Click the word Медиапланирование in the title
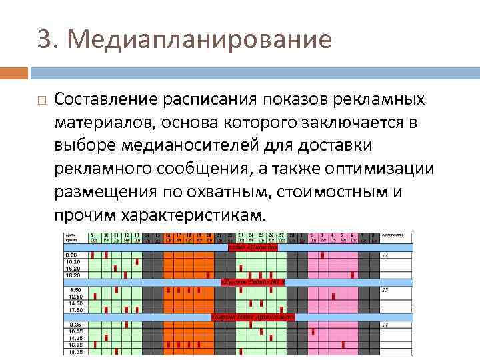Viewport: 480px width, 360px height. coord(199,40)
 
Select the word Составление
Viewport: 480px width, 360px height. coord(103,99)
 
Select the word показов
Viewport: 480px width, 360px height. coord(291,99)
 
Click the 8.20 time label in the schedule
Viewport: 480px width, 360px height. coord(71,255)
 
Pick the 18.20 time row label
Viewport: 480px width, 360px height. coord(71,274)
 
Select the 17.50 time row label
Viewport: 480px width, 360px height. coord(71,310)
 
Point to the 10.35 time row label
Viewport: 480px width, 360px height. coord(73,330)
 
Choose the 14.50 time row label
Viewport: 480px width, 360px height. coord(71,304)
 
